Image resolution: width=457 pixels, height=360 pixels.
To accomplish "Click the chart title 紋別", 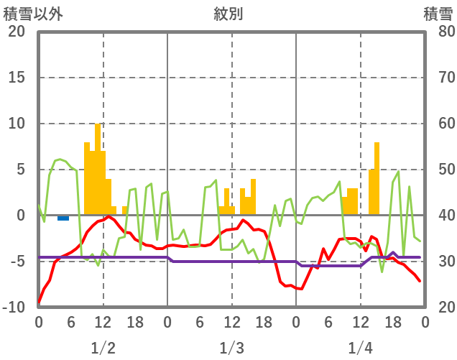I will (x=228, y=14).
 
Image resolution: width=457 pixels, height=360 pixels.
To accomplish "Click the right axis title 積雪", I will (x=438, y=14).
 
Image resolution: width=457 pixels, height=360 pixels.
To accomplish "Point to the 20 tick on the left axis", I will (x=16, y=32).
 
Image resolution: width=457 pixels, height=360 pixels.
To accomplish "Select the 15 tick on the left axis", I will (x=16, y=78).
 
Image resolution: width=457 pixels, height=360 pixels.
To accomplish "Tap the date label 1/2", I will (x=103, y=348).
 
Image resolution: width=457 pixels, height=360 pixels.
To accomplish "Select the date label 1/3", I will (x=231, y=348).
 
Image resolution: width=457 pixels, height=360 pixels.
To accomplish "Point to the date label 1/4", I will (x=360, y=348).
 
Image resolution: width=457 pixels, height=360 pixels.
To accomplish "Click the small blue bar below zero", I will (x=63, y=218).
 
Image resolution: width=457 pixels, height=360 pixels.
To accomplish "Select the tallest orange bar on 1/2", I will (x=98, y=170).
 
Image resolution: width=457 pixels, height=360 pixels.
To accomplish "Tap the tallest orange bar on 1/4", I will (x=377, y=179).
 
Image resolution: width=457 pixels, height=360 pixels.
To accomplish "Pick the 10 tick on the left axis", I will (x=16, y=124).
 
